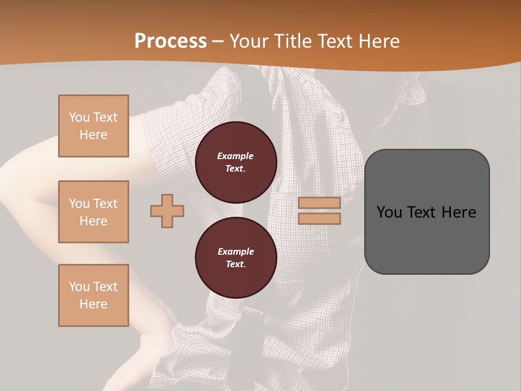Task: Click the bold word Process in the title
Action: (170, 41)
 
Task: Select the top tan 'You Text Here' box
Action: (93, 126)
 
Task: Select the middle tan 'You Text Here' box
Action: (93, 212)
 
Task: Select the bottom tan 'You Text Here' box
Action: (93, 295)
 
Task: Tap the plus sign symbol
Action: (167, 211)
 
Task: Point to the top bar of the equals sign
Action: (319, 203)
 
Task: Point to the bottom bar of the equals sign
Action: (319, 219)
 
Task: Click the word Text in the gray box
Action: (422, 212)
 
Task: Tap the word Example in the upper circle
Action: (235, 156)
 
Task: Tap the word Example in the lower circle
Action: (236, 251)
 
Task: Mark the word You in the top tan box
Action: (79, 117)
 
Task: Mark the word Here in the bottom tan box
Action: (93, 304)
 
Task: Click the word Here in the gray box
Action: (459, 212)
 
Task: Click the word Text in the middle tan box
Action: (105, 204)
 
